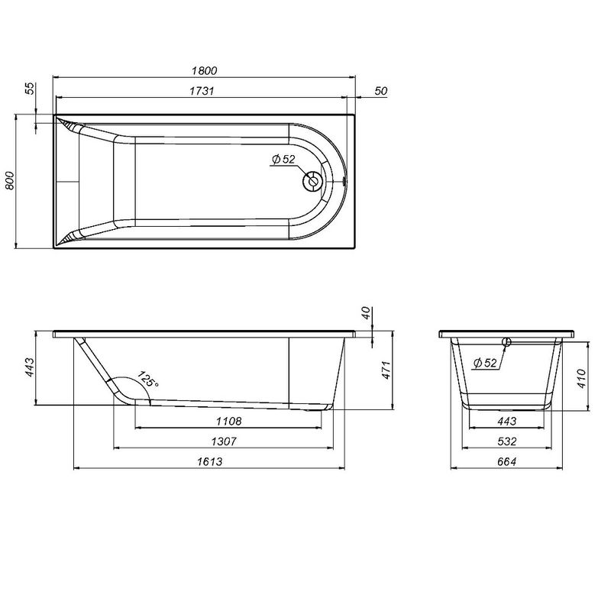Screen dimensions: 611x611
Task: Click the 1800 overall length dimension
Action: click(204, 70)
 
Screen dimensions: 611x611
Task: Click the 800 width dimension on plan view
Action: click(10, 181)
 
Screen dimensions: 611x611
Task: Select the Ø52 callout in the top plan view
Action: click(283, 160)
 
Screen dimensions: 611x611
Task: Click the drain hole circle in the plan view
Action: click(313, 182)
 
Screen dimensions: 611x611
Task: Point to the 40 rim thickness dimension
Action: click(365, 313)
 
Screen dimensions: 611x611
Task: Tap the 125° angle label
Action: click(147, 380)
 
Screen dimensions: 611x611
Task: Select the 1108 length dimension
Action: click(229, 422)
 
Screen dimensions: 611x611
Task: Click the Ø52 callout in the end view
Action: click(485, 363)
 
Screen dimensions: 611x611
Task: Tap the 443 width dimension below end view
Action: click(507, 422)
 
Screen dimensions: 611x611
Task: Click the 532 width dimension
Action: click(507, 441)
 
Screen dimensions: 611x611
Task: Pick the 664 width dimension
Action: click(507, 461)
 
